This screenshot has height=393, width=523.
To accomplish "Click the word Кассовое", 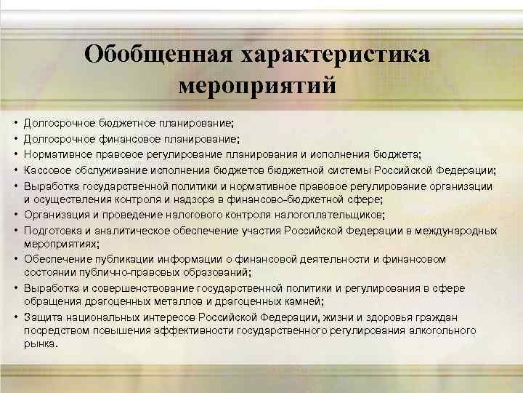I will click(46, 170).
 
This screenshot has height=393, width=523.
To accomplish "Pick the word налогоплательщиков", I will click(333, 215).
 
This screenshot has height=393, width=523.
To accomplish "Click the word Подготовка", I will click(52, 230).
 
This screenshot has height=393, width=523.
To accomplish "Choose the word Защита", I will click(42, 317).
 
